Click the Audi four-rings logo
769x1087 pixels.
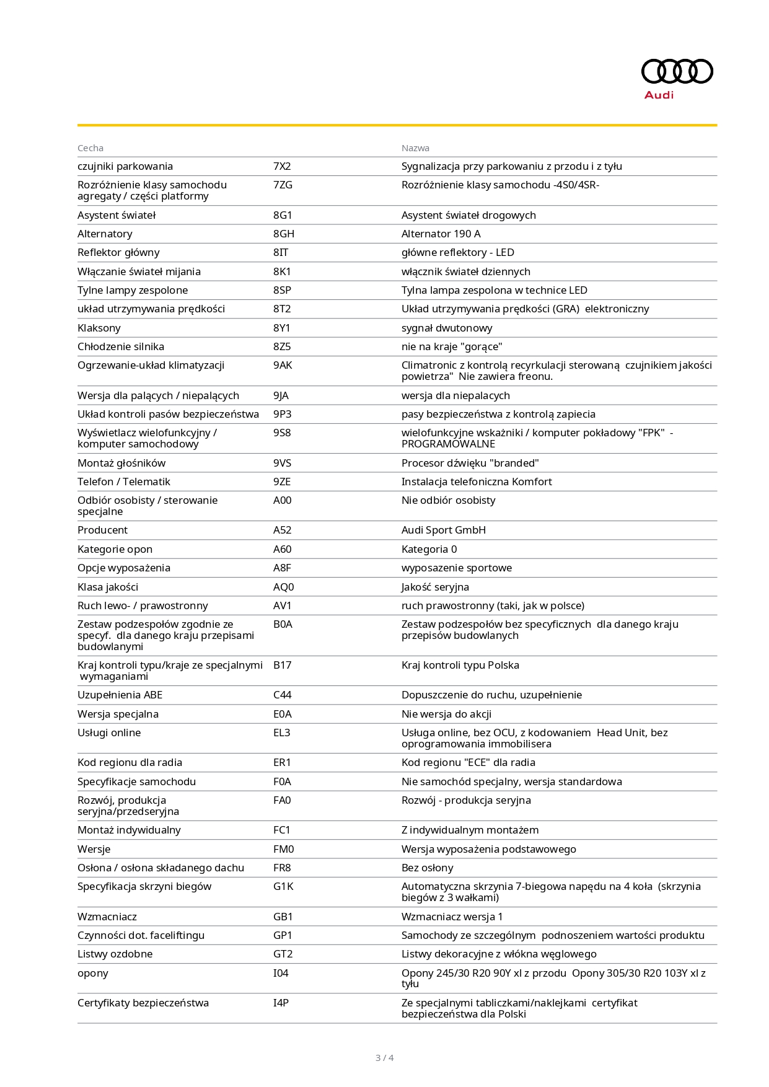click(x=677, y=71)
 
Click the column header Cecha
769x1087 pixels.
click(x=90, y=148)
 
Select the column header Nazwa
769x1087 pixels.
click(x=415, y=148)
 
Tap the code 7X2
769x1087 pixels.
click(x=282, y=166)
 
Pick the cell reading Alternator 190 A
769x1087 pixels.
click(x=441, y=234)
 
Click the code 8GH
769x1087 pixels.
click(x=284, y=234)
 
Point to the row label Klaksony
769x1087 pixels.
click(x=99, y=328)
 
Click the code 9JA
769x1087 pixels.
click(x=281, y=395)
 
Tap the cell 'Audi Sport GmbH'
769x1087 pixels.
click(x=444, y=530)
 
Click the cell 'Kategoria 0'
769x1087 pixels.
click(x=429, y=549)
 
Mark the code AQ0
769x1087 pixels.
click(x=284, y=587)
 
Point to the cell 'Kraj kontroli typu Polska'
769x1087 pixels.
click(x=460, y=665)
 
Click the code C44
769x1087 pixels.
click(x=283, y=695)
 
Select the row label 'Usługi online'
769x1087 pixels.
click(x=109, y=733)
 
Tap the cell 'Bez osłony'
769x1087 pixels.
click(x=428, y=868)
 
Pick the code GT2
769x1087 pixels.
click(x=283, y=954)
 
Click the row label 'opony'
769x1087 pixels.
click(x=93, y=973)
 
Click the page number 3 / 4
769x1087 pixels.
click(x=384, y=1058)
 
